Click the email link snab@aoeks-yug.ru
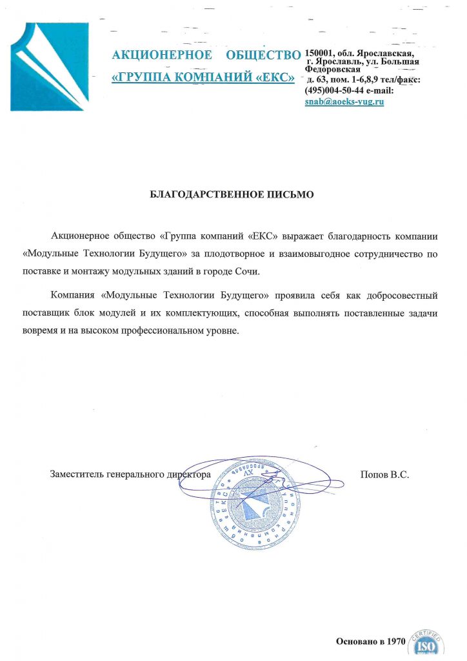(x=344, y=102)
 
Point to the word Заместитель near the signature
(x=77, y=474)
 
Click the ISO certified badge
(x=426, y=644)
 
